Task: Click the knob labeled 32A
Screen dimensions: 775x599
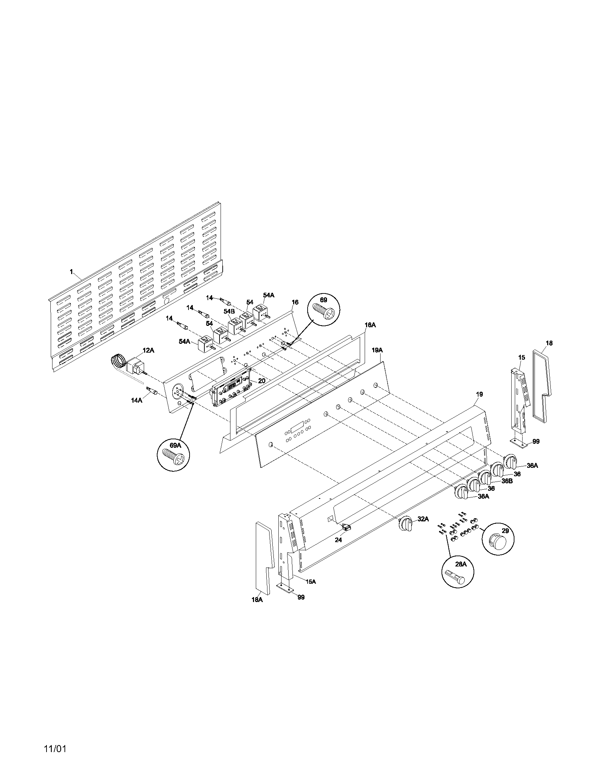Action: tap(406, 524)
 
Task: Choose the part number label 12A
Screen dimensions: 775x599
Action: tap(148, 350)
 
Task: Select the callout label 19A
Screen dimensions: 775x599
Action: tap(377, 350)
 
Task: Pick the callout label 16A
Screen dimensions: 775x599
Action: tap(370, 325)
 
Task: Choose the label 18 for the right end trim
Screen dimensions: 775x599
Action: tap(549, 343)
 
